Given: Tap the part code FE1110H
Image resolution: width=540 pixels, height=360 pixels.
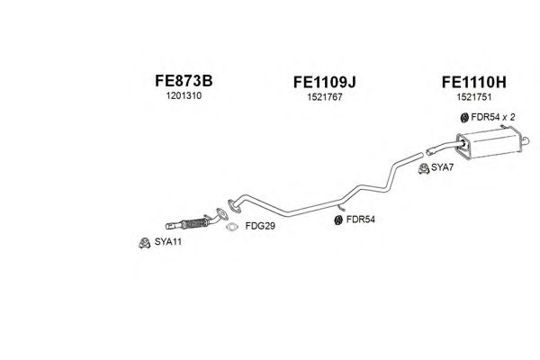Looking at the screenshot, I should click(474, 82).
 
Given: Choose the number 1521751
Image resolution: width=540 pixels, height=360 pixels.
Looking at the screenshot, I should click(474, 99).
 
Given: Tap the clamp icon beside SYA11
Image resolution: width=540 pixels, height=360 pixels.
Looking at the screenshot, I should click(141, 242).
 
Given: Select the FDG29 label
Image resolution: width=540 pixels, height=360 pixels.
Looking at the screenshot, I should click(258, 228).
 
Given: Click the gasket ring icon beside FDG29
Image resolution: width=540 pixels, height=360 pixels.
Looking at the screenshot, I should click(232, 227).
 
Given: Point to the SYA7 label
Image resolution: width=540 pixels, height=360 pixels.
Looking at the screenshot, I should click(442, 168).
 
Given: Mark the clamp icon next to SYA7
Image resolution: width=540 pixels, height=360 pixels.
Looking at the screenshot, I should click(423, 168).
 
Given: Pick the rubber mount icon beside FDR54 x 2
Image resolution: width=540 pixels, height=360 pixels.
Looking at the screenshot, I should click(464, 117).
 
